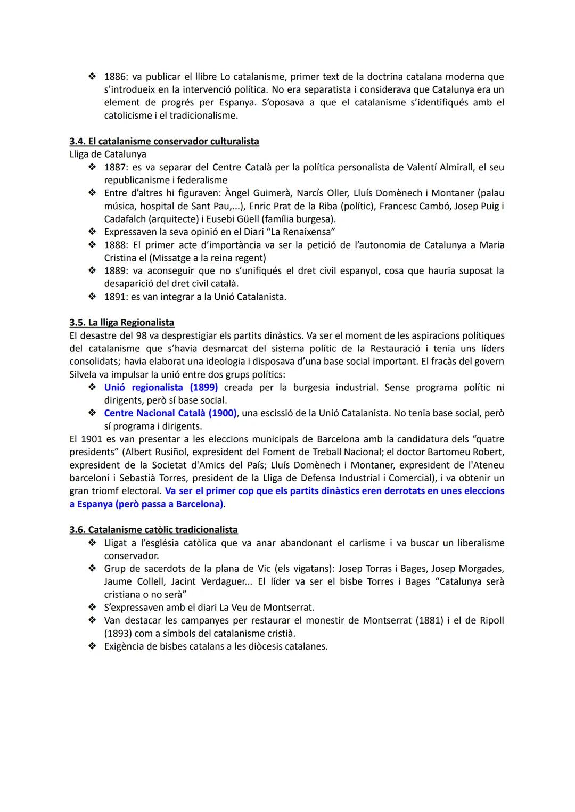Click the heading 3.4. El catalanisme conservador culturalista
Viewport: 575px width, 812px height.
[164, 141]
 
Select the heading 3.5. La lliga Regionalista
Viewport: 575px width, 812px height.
[121, 322]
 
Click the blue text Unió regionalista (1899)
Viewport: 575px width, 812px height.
[161, 387]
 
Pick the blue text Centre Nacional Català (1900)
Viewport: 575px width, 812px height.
[170, 413]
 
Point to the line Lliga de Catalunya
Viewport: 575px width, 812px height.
[108, 154]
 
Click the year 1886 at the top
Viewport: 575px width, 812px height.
[114, 77]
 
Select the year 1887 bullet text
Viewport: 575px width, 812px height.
[114, 167]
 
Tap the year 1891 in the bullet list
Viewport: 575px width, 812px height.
[114, 297]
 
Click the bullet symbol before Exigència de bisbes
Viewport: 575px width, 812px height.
[92, 646]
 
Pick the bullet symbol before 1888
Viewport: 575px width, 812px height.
[92, 245]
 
